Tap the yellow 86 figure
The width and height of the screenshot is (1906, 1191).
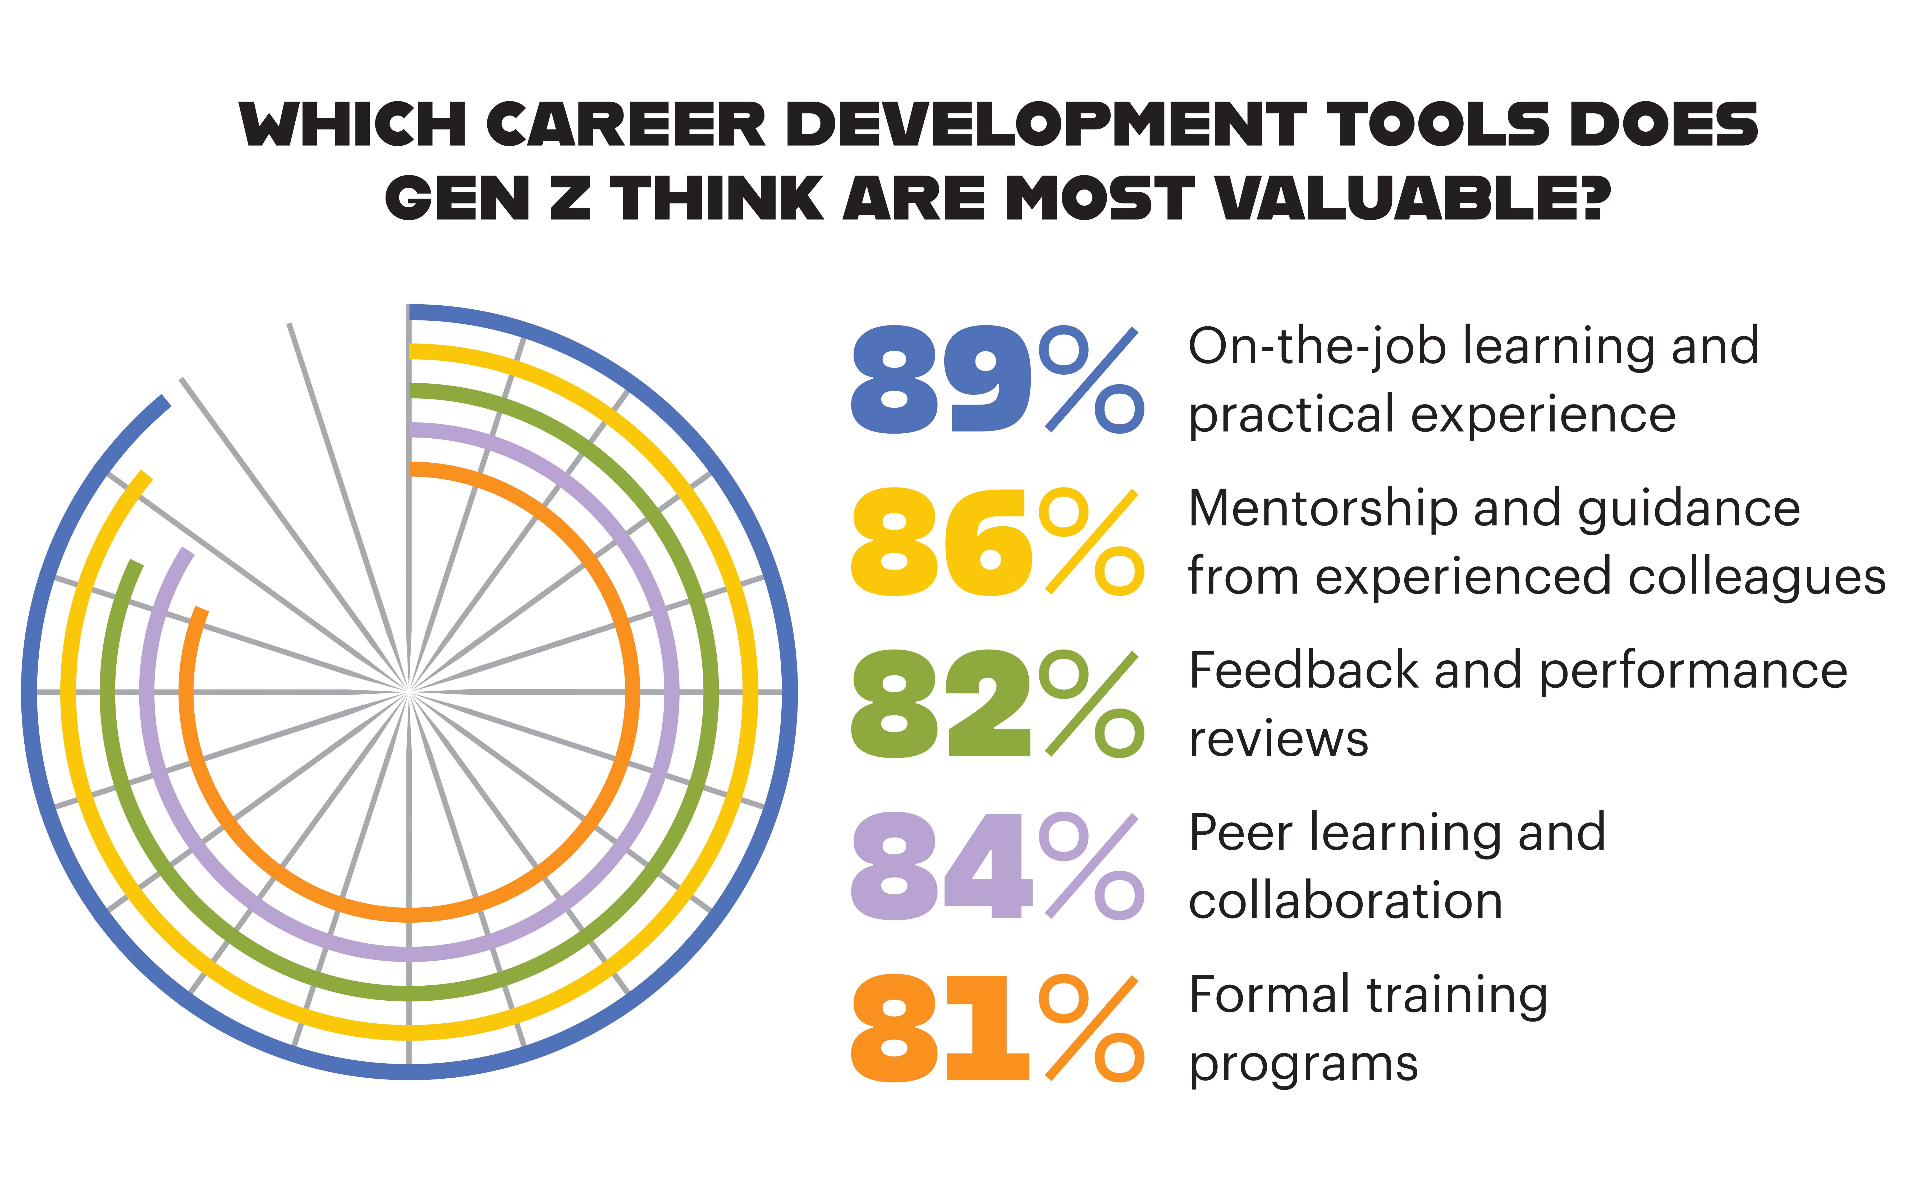941,542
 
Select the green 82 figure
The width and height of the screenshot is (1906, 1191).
941,703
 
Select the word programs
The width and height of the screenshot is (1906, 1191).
1303,1065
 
